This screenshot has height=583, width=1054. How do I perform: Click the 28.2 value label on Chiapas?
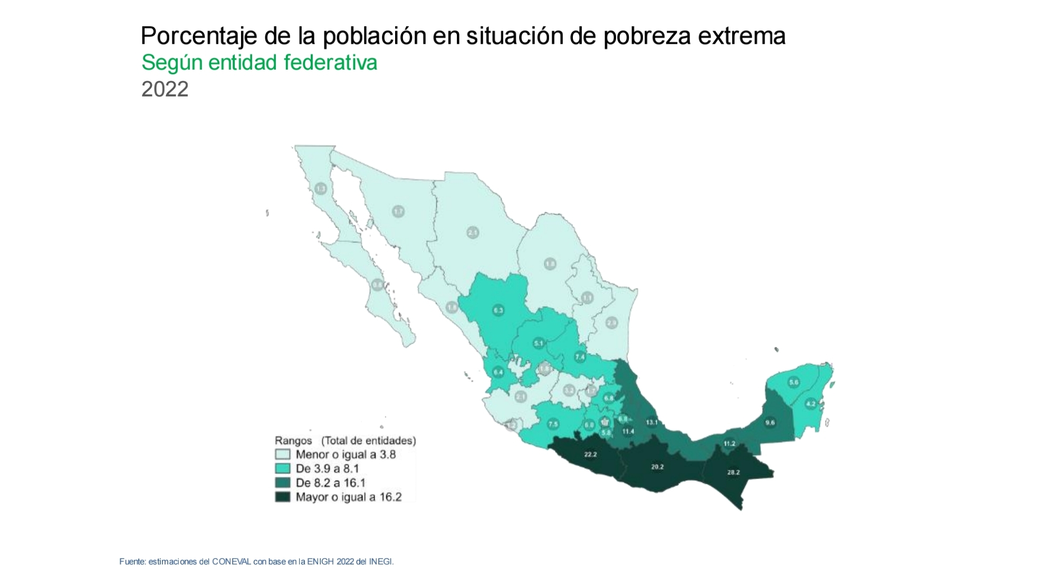pos(733,472)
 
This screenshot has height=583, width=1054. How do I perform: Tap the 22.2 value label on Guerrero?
pos(590,454)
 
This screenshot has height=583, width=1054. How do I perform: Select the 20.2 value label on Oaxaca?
pos(657,467)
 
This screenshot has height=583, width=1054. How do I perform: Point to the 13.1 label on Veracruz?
pos(652,422)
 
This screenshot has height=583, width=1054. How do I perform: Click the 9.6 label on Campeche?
pos(770,422)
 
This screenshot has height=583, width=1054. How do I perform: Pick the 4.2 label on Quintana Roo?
pos(811,404)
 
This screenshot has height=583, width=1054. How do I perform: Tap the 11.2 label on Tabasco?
pos(730,444)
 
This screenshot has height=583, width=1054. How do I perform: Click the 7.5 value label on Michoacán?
pos(553,424)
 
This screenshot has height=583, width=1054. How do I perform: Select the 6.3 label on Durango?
pos(499,310)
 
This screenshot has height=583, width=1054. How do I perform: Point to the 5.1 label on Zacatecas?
pos(538,344)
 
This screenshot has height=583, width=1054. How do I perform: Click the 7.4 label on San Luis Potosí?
pos(580,357)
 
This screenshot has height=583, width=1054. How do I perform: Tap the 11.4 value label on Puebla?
pos(628,431)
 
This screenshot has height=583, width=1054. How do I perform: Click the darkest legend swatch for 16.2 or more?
pos(283,497)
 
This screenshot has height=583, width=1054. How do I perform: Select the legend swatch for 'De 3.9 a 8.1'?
pos(283,469)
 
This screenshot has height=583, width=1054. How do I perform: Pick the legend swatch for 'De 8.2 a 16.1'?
pos(283,483)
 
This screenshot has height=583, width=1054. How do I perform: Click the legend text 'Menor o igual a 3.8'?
pos(346,454)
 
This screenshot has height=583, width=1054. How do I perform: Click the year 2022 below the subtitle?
pos(165,89)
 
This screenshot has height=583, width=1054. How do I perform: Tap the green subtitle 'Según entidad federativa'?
pos(259,63)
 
